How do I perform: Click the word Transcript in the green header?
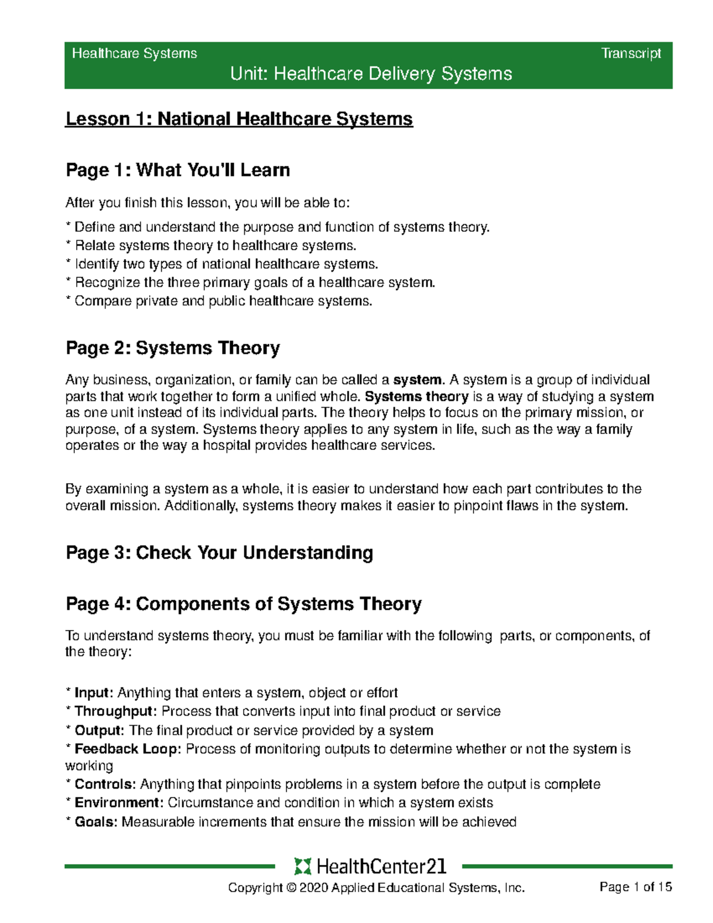click(631, 53)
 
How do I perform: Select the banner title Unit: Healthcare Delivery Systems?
click(371, 74)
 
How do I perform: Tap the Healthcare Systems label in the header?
click(134, 53)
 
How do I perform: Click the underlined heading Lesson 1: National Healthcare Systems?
click(239, 119)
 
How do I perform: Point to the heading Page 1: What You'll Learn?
click(178, 170)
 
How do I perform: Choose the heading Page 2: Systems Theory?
click(172, 348)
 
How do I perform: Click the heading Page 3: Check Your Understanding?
click(219, 552)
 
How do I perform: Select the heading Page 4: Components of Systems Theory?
click(244, 604)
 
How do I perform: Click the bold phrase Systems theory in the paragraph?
click(417, 396)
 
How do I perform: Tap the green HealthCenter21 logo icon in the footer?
click(302, 867)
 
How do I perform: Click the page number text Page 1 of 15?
click(636, 887)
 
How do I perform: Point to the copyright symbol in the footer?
click(291, 888)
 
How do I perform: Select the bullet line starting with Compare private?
click(220, 301)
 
